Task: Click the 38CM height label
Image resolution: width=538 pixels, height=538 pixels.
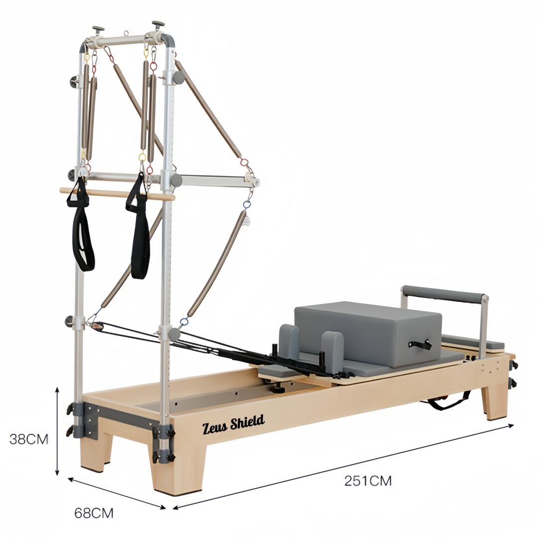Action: [x=29, y=439]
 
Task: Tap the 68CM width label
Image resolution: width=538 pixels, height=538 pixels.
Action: [x=94, y=513]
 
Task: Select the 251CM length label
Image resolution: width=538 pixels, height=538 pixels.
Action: [x=368, y=481]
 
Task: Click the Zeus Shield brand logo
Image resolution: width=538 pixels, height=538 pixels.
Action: [x=233, y=424]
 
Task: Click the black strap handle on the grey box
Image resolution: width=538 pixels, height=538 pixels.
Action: [x=420, y=345]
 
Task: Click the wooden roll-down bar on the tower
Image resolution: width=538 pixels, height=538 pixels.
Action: [x=118, y=194]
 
